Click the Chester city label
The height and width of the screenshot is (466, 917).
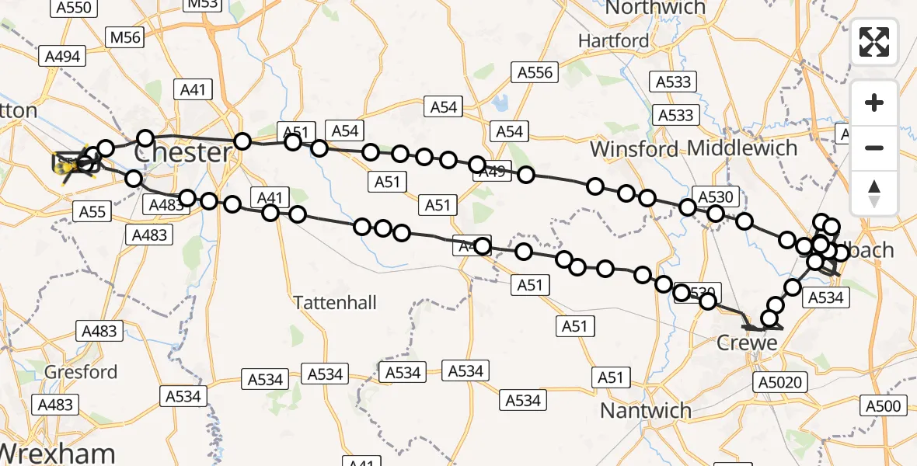point(183,152)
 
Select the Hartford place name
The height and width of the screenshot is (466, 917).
point(613,40)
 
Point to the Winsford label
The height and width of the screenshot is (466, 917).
point(635,148)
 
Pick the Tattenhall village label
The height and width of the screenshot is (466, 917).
point(335,302)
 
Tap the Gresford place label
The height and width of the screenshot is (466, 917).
point(81,372)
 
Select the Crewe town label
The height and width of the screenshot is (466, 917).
point(746,343)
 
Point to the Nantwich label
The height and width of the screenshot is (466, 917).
point(646,410)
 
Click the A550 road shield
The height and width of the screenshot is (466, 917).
point(75,9)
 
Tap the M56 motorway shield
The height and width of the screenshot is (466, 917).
point(125,37)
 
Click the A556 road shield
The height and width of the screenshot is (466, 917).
point(536,73)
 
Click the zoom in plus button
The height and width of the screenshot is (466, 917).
point(874,103)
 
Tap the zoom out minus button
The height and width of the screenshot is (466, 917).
point(874,148)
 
